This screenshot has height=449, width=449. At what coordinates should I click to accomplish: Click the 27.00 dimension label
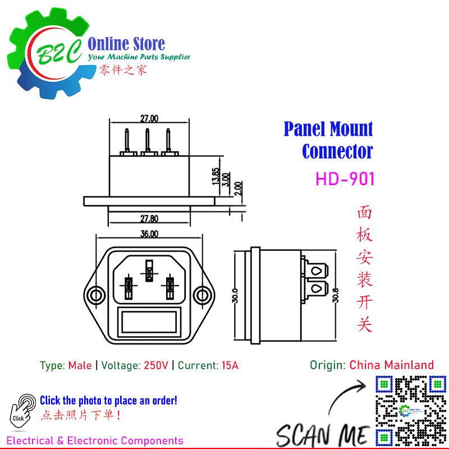(149, 118)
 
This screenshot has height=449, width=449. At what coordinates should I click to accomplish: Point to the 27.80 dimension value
(149, 219)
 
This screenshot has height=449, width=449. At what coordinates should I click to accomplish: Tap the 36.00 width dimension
(149, 234)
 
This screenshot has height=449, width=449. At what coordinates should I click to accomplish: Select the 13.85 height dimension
(216, 176)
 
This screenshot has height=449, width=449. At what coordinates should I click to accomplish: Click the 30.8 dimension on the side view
(335, 295)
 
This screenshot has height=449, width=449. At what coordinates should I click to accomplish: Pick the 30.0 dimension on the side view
(235, 295)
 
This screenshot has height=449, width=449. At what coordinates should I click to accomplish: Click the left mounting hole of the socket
(95, 295)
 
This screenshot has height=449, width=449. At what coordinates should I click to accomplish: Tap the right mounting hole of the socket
(203, 295)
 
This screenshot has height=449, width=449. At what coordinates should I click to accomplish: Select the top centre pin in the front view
(149, 271)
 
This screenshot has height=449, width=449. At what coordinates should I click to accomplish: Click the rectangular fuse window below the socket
(149, 322)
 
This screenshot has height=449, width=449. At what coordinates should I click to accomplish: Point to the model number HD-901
(345, 179)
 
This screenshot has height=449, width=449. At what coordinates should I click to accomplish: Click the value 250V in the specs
(156, 365)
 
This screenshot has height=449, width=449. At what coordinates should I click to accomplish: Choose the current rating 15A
(230, 365)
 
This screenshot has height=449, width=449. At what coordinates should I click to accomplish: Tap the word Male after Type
(80, 365)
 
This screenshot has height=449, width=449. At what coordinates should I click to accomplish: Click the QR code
(411, 411)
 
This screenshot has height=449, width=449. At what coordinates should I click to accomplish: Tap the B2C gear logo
(49, 53)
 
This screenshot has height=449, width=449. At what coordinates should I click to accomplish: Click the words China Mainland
(391, 365)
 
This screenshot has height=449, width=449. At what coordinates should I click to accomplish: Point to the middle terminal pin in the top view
(148, 142)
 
